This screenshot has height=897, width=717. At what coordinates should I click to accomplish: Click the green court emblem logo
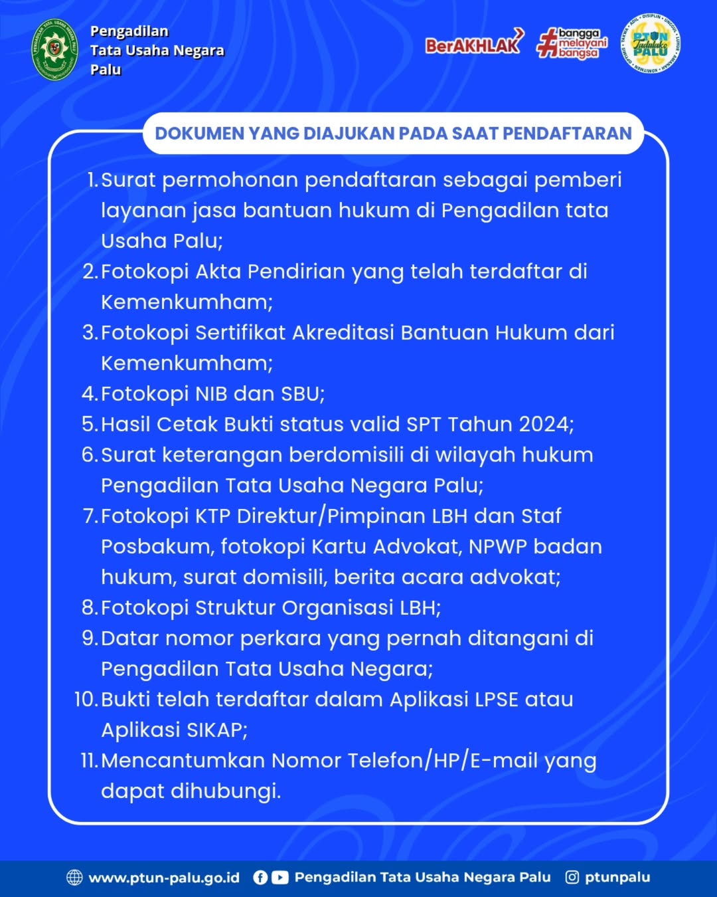pyautogui.click(x=55, y=50)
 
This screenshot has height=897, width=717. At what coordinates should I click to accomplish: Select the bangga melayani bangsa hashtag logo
pyautogui.click(x=572, y=43)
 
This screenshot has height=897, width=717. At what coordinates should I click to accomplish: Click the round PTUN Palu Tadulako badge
pyautogui.click(x=651, y=43)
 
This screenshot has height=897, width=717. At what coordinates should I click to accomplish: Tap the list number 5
pyautogui.click(x=89, y=424)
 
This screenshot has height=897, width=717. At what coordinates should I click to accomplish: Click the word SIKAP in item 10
pyautogui.click(x=214, y=730)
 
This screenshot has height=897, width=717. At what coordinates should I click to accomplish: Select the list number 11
pyautogui.click(x=88, y=760)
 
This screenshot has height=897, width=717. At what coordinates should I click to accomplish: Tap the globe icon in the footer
pyautogui.click(x=74, y=877)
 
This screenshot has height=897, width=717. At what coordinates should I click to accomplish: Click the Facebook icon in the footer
pyautogui.click(x=260, y=877)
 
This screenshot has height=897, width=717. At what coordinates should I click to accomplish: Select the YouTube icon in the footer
pyautogui.click(x=280, y=877)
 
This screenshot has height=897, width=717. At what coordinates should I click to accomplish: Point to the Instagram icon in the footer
pyautogui.click(x=572, y=877)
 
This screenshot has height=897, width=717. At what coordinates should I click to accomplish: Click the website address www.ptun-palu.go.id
pyautogui.click(x=164, y=877)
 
